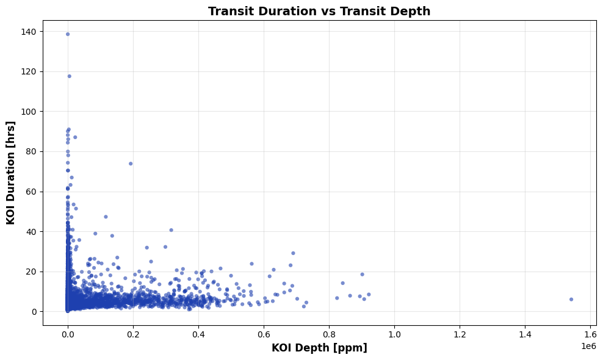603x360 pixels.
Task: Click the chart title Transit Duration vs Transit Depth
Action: pyautogui.click(x=319, y=11)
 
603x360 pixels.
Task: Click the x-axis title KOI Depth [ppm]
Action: pyautogui.click(x=319, y=348)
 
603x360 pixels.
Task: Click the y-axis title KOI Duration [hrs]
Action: pyautogui.click(x=11, y=173)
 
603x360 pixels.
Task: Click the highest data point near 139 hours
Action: pyautogui.click(x=68, y=34)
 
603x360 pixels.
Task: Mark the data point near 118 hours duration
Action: pyautogui.click(x=69, y=76)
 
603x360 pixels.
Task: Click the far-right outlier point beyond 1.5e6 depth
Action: pyautogui.click(x=571, y=300)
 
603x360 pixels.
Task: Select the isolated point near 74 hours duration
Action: pyautogui.click(x=131, y=164)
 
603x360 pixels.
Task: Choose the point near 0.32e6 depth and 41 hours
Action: pyautogui.click(x=171, y=230)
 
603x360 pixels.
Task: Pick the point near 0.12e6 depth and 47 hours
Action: pyautogui.click(x=106, y=217)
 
